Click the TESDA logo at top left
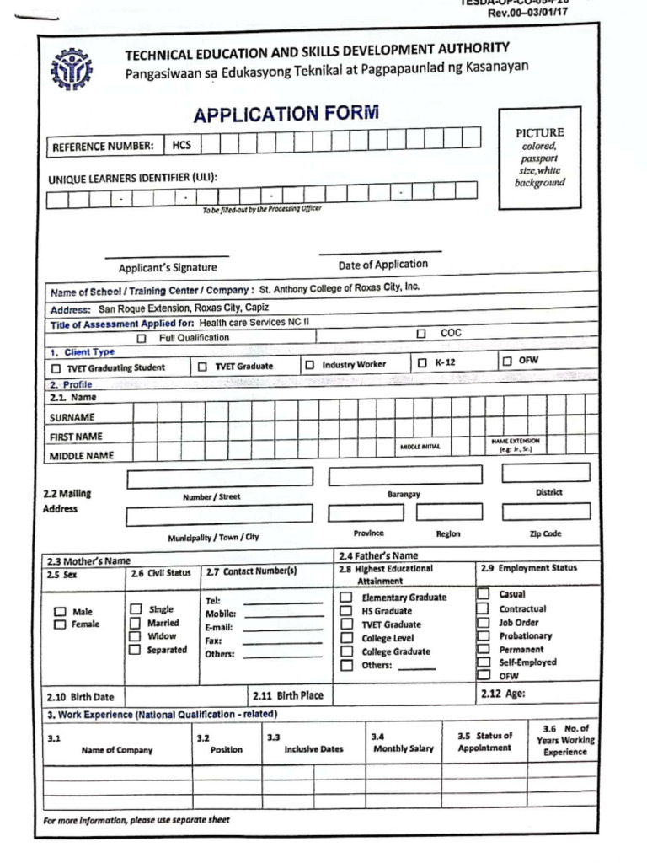[x=73, y=69]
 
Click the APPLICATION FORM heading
[x=286, y=114]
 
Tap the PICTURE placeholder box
[x=539, y=158]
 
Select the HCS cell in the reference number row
[x=182, y=145]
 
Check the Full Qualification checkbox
[x=142, y=338]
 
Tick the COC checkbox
[x=421, y=334]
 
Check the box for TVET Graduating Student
[x=56, y=368]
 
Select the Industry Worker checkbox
[x=310, y=365]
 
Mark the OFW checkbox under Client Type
[x=506, y=362]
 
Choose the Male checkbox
[x=60, y=612]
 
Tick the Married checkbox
[x=135, y=623]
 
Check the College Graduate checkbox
[x=346, y=651]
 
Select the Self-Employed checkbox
[x=484, y=662]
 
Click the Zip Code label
[x=546, y=533]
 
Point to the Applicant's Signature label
[x=167, y=268]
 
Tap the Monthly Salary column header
[x=403, y=748]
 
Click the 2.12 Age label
[x=503, y=695]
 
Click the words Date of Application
[x=382, y=265]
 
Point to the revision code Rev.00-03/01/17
[x=529, y=13]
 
